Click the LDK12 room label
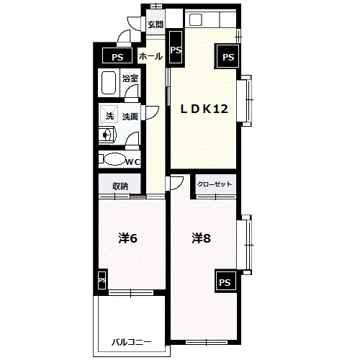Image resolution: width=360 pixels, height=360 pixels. [x=204, y=109]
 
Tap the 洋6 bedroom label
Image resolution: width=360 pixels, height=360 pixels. [x=127, y=238]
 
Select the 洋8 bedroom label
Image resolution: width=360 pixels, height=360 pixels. [x=201, y=238]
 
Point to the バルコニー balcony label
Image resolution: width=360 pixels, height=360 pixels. [x=132, y=342]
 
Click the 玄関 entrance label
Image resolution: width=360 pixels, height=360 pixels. [x=156, y=24]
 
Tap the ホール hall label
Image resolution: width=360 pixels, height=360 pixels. [x=150, y=56]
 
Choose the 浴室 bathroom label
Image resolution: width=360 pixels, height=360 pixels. [x=130, y=78]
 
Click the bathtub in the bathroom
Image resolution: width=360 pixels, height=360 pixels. [x=109, y=83]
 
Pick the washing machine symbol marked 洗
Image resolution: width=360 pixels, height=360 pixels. [x=109, y=114]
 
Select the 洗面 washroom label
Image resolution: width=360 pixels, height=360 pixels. [x=130, y=117]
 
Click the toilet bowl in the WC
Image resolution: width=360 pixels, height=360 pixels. [x=114, y=159]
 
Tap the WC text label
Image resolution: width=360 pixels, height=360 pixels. [x=133, y=162]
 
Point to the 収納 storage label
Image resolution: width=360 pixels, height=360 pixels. [x=120, y=186]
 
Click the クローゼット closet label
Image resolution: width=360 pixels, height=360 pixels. [x=215, y=184]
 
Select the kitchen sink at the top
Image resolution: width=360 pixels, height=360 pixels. [x=196, y=19]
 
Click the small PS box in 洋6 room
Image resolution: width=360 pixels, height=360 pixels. [x=102, y=280]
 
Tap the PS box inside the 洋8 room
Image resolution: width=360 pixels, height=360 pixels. [x=225, y=282]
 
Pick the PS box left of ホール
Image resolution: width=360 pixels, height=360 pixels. [x=117, y=55]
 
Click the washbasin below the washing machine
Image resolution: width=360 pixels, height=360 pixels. [x=107, y=135]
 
